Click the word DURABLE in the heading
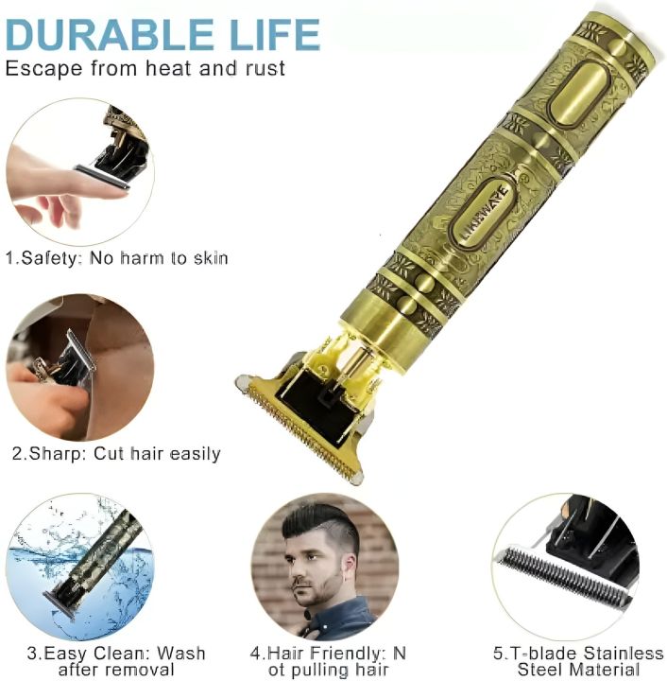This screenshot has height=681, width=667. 110,35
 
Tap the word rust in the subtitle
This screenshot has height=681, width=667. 265,69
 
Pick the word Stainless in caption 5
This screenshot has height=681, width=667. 623,654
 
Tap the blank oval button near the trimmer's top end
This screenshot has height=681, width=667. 578,94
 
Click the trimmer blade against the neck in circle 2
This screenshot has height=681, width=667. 80,351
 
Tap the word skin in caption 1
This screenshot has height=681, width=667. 211,258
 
